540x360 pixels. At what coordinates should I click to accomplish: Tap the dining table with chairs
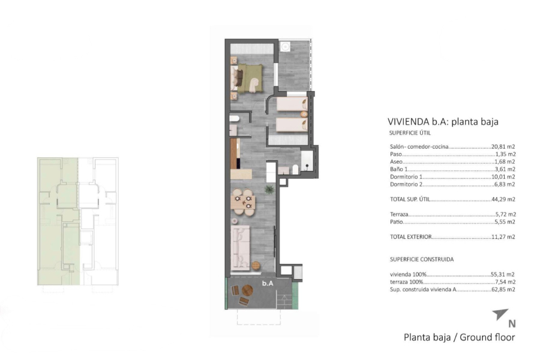(x=244, y=202)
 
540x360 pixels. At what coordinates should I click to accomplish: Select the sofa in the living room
(x=241, y=247)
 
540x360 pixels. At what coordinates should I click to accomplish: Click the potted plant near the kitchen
(x=270, y=190)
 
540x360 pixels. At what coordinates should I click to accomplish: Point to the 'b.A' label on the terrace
(x=268, y=283)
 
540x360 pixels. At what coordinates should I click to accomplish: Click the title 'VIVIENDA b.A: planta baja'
(x=443, y=121)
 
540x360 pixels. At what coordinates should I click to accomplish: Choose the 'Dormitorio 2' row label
(x=407, y=185)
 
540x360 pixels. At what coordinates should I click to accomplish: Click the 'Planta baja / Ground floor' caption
(x=459, y=337)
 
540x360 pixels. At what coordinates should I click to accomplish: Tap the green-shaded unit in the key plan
(x=58, y=222)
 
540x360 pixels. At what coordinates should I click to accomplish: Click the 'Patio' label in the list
(x=396, y=221)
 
